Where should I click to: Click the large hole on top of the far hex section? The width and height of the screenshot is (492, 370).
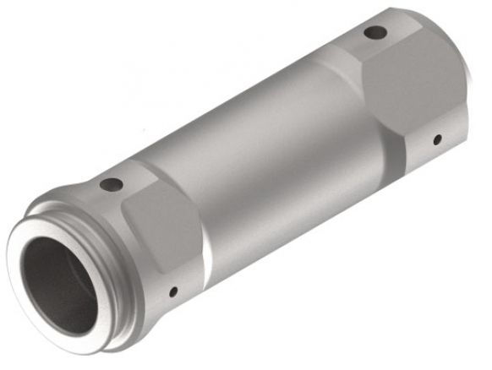tap(375, 33)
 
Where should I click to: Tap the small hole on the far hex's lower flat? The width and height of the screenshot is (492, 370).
tap(437, 139)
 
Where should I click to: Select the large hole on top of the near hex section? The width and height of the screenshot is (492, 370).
tap(112, 184)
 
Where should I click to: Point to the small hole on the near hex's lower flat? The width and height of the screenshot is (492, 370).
tap(172, 292)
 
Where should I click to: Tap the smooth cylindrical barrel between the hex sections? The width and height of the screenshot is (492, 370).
tap(262, 161)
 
